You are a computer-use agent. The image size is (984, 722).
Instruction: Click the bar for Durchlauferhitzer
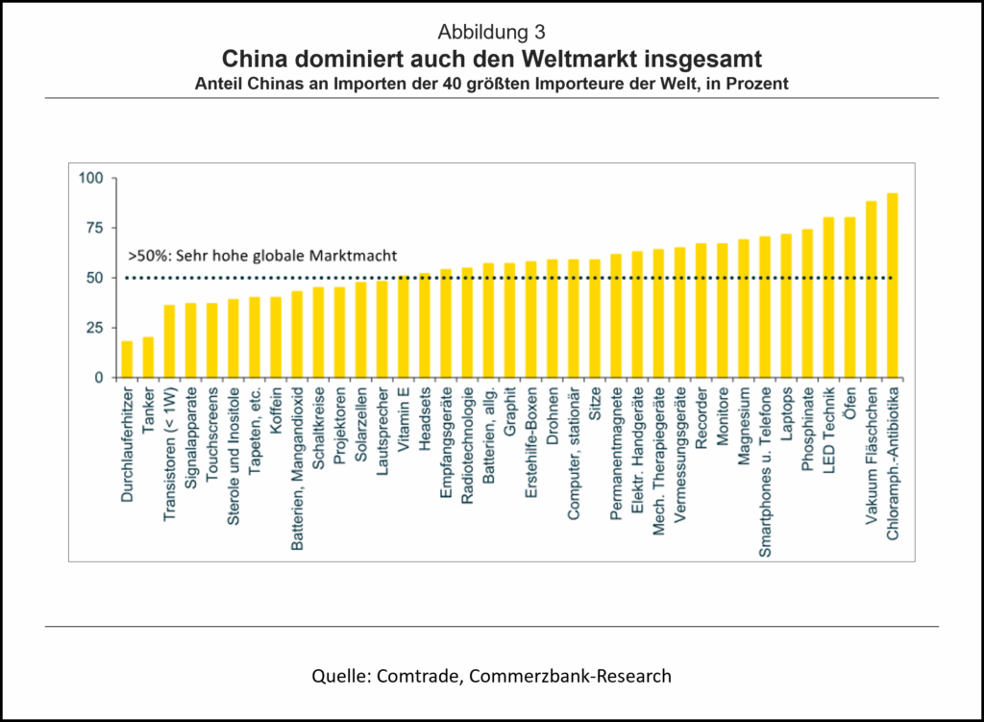click(127, 360)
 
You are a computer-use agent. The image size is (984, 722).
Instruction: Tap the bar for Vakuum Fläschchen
click(871, 289)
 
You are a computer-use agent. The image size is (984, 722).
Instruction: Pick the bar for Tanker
click(148, 358)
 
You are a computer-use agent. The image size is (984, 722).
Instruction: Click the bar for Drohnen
click(553, 318)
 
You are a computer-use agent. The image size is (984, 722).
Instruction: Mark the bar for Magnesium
click(744, 309)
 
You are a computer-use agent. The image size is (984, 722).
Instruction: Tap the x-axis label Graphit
click(510, 413)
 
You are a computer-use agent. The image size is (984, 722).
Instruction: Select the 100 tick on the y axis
click(90, 178)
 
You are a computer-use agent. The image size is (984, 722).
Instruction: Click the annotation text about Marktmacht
click(262, 257)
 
